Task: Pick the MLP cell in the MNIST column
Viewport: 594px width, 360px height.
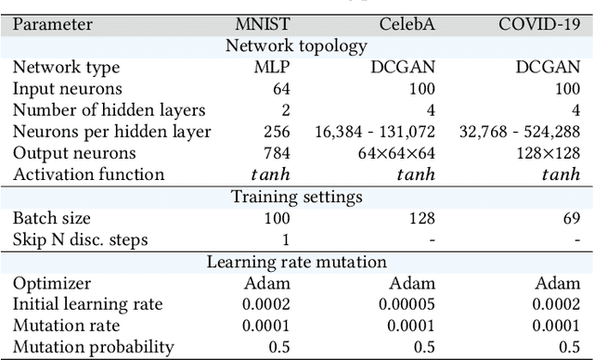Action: click(x=274, y=67)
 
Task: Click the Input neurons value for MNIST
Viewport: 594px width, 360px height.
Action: click(x=281, y=88)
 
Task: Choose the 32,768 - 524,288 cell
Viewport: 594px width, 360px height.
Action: click(x=520, y=131)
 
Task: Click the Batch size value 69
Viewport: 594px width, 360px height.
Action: click(x=571, y=219)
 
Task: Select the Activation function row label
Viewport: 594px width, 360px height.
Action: click(x=88, y=174)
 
